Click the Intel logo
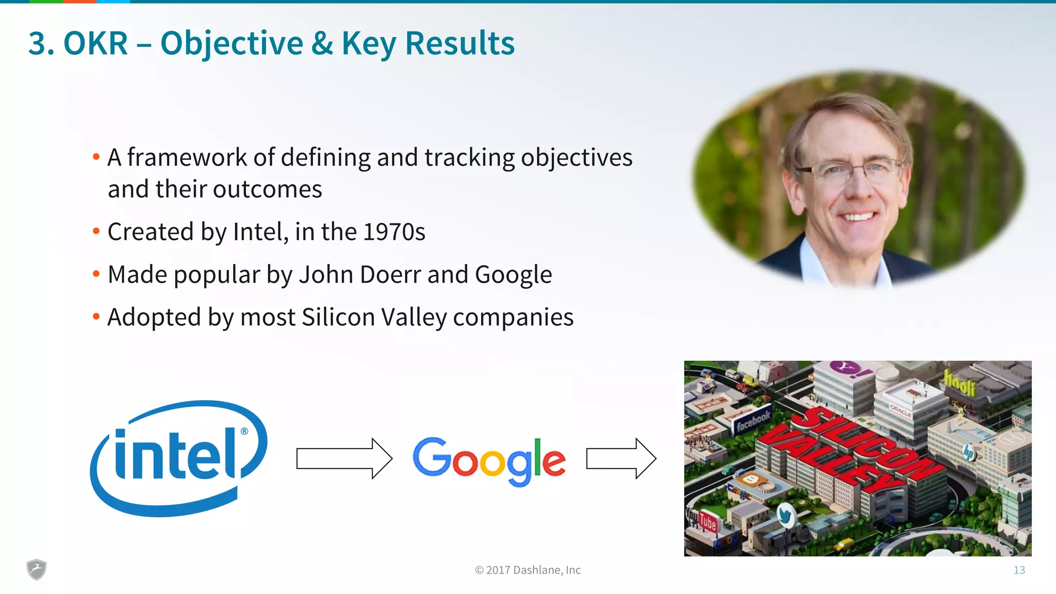pos(178,458)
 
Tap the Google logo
pos(489,460)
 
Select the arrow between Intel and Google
pos(344,458)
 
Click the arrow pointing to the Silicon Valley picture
pos(621,458)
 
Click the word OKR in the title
pos(95,43)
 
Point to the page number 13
pos(1019,570)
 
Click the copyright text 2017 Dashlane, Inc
pos(527,570)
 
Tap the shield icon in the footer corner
pos(36,569)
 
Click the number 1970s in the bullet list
pos(394,232)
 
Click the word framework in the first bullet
pos(187,157)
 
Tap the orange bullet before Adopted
pos(96,316)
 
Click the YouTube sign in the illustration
pos(702,520)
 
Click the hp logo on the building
pos(968,452)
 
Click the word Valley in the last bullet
pos(414,317)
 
